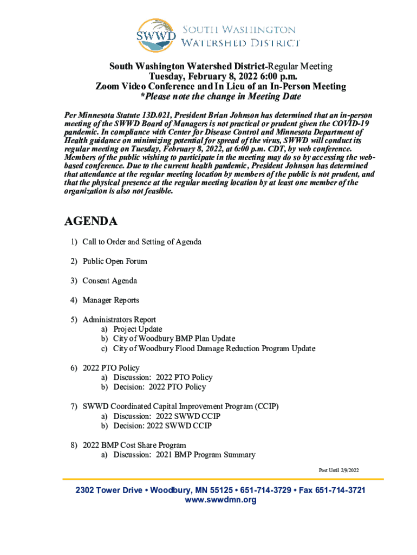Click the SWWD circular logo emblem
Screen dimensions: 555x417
pyautogui.click(x=156, y=36)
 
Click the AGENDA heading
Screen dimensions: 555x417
pyautogui.click(x=91, y=221)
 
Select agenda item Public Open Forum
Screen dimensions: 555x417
pyautogui.click(x=114, y=261)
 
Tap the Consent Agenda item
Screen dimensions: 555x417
pyautogui.click(x=109, y=281)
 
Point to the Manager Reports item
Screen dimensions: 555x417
pyautogui.click(x=110, y=300)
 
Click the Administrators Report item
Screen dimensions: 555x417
pyautogui.click(x=119, y=320)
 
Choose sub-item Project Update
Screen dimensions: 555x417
pyautogui.click(x=138, y=329)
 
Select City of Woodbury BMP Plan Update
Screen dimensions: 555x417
pyautogui.click(x=174, y=339)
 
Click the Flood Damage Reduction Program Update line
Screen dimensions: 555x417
pyautogui.click(x=214, y=349)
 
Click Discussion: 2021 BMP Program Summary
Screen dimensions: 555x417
pyautogui.click(x=184, y=455)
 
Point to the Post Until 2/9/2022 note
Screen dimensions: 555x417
pyautogui.click(x=338, y=470)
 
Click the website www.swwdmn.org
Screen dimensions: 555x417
pyautogui.click(x=220, y=500)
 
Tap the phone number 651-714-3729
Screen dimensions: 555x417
pyautogui.click(x=264, y=490)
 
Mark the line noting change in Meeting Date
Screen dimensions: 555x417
pyautogui.click(x=220, y=96)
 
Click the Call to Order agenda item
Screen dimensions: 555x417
pyautogui.click(x=142, y=242)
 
